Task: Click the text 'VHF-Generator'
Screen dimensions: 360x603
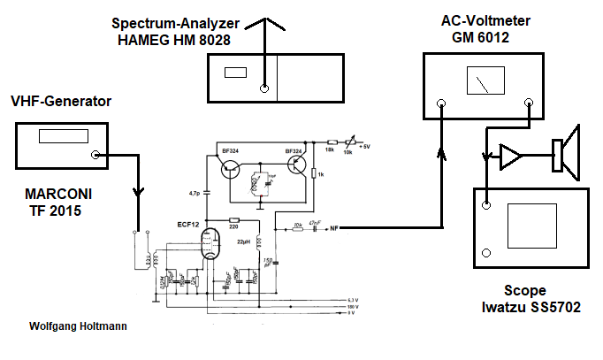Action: [60, 102]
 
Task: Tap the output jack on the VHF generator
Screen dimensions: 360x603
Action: [94, 156]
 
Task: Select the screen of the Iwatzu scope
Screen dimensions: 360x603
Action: [533, 231]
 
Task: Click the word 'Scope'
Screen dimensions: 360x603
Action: [525, 290]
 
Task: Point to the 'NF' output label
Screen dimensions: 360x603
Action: [335, 229]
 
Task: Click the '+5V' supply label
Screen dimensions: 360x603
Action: [364, 147]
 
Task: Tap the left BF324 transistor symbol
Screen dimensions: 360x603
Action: [232, 170]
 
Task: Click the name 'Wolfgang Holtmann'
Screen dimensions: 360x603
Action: [78, 326]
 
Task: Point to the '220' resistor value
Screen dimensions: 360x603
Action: [233, 227]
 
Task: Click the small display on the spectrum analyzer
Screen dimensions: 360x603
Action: [235, 73]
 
